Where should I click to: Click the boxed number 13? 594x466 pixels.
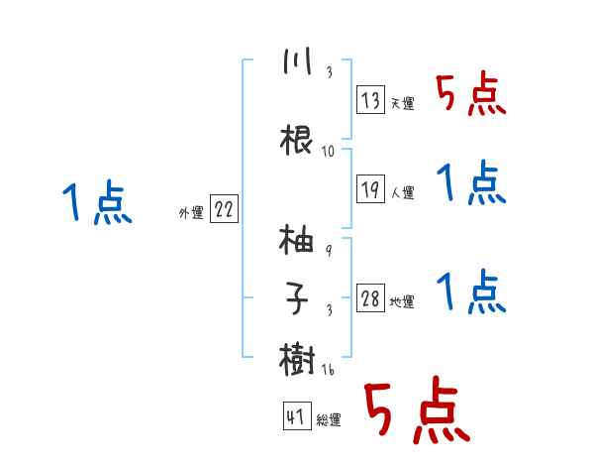371,99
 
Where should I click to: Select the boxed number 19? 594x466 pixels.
371,189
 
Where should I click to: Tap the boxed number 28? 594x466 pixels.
371,298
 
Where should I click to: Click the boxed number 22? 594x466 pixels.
224,209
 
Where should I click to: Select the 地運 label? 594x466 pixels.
402,302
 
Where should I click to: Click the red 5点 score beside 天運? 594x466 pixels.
470,96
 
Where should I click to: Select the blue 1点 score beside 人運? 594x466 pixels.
470,183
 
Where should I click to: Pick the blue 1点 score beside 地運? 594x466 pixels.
470,291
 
